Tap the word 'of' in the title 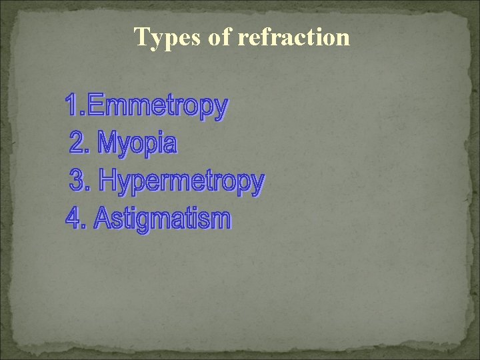pyautogui.click(x=219, y=37)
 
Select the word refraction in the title pyautogui.click(x=293, y=37)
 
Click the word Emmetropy pyautogui.click(x=157, y=106)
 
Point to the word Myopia pyautogui.click(x=137, y=143)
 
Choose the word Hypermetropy pyautogui.click(x=181, y=181)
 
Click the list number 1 pyautogui.click(x=72, y=105)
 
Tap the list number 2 pyautogui.click(x=79, y=142)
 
